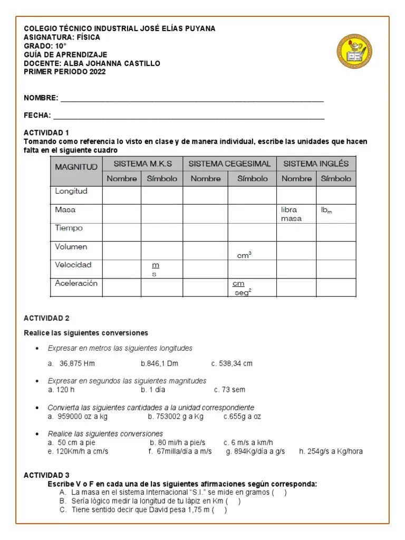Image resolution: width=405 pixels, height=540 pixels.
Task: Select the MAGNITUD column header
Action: click(x=76, y=167)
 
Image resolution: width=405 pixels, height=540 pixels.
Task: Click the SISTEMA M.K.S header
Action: click(x=142, y=163)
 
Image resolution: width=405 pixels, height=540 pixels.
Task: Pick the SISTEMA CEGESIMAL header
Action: click(x=229, y=163)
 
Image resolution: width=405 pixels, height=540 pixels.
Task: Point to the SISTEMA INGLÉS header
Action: click(x=316, y=163)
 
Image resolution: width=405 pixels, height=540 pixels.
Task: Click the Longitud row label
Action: click(x=71, y=191)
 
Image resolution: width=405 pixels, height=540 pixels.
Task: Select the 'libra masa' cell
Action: click(x=292, y=214)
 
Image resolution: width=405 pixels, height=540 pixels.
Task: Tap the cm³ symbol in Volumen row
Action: click(x=244, y=256)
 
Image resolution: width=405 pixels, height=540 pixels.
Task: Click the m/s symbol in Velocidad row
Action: click(x=155, y=269)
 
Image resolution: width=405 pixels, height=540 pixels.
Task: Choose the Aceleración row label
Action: click(x=76, y=283)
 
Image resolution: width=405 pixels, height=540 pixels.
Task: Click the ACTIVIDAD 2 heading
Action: click(x=46, y=319)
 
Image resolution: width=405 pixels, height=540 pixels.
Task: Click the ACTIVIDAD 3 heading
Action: click(x=46, y=475)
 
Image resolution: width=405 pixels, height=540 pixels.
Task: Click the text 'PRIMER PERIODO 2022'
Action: click(x=65, y=72)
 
